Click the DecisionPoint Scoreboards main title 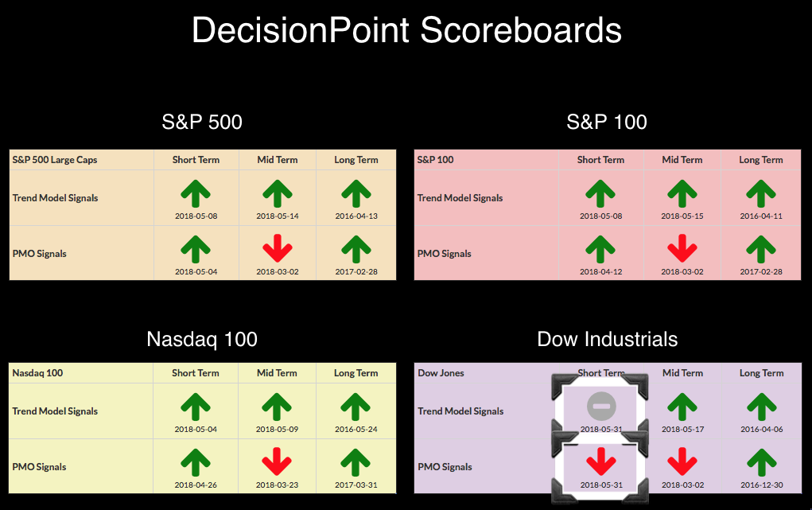tap(406, 30)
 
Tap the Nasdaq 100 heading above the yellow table tap(202, 340)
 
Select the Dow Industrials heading tap(608, 339)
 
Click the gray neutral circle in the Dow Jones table tap(601, 407)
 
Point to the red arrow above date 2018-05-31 tap(601, 461)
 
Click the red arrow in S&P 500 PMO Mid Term tap(278, 248)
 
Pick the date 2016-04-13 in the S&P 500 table tap(356, 216)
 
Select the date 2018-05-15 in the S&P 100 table tap(682, 216)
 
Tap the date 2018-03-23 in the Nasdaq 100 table tap(277, 485)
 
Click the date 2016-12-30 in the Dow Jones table tap(762, 485)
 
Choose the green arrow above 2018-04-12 tap(600, 249)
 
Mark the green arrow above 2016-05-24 tap(355, 407)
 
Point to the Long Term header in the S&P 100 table tap(761, 160)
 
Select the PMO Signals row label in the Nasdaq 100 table tap(39, 467)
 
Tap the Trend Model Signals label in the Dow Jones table tap(460, 411)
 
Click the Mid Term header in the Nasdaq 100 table tap(277, 373)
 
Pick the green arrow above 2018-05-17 tap(682, 407)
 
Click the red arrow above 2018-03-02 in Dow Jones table tap(682, 461)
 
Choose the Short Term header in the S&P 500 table tap(196, 160)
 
